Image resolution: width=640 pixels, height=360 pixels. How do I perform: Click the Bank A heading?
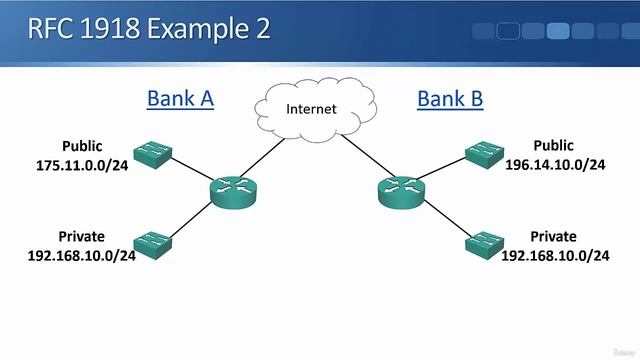180,98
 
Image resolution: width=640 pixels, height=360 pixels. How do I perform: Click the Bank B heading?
450,98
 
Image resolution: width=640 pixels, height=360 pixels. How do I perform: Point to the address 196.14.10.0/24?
555,165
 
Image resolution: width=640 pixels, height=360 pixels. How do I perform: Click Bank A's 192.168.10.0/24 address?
81,255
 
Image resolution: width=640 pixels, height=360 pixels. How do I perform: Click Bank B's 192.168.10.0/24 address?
555,255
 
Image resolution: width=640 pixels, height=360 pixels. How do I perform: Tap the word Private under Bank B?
553,236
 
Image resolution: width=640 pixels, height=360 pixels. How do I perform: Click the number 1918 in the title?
101,28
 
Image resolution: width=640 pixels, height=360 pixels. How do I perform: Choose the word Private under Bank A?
81,236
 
